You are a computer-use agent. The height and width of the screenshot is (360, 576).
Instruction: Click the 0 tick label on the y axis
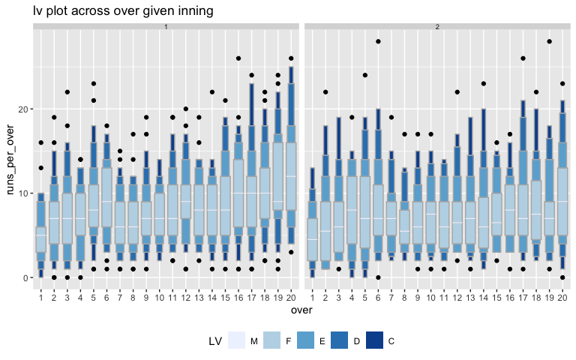pyautogui.click(x=26, y=277)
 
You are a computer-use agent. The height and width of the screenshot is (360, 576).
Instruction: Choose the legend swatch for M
pyautogui.click(x=235, y=341)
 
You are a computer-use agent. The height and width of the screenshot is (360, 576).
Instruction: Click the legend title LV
pyautogui.click(x=215, y=341)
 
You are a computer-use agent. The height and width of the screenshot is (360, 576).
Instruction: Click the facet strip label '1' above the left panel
pyautogui.click(x=165, y=27)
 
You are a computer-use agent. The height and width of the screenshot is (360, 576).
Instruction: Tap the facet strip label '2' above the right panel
pyautogui.click(x=437, y=27)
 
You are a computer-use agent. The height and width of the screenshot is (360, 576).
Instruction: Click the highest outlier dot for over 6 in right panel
pyautogui.click(x=379, y=41)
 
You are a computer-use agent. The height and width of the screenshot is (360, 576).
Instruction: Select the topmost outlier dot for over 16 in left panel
pyautogui.click(x=238, y=58)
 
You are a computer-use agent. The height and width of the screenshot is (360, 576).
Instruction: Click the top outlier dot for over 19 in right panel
pyautogui.click(x=550, y=41)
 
